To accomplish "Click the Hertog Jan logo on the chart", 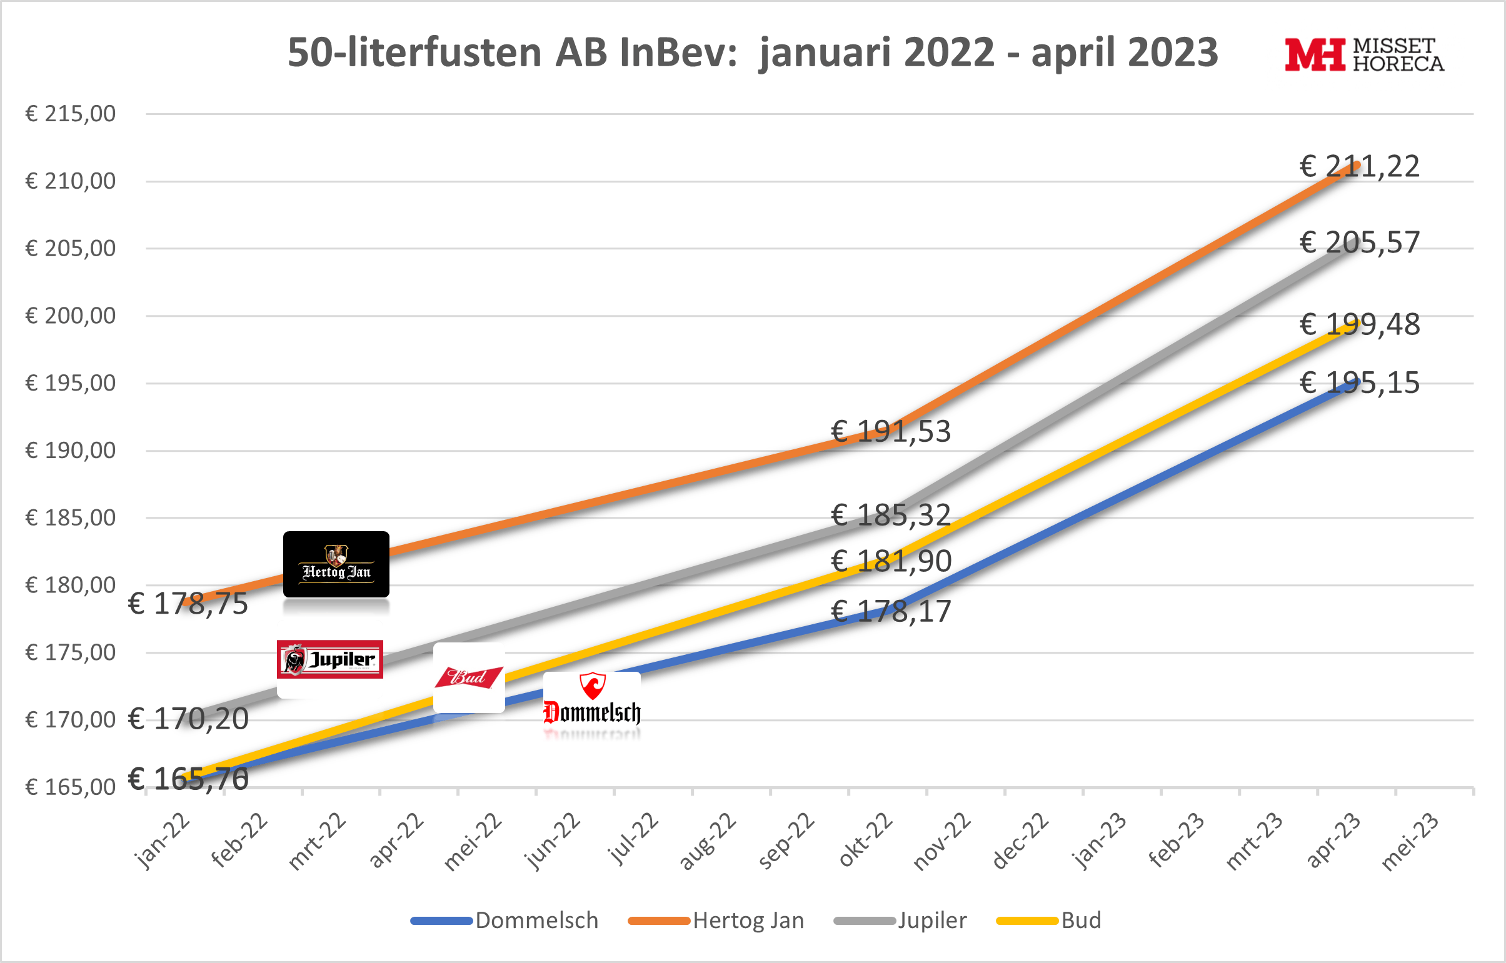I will point(336,565).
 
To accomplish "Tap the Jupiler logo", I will point(329,659).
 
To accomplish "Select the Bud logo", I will point(468,677).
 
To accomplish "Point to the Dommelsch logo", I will point(591,701).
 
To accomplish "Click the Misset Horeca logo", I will point(1364,55).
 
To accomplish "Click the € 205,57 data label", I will point(1360,242).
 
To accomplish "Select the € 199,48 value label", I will point(1360,324).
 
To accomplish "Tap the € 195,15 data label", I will point(1360,382).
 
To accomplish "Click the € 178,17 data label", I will point(891,612).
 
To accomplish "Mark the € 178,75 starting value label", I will point(188,604).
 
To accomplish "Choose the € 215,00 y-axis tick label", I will point(70,114).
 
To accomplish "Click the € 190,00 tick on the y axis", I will point(70,450).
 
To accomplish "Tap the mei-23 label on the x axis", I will point(1410,842).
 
